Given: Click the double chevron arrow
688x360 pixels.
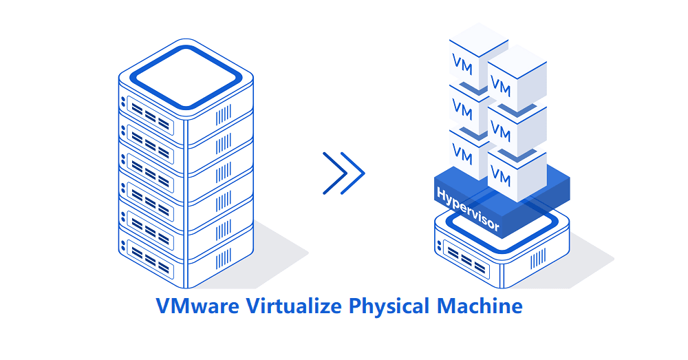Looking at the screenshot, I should pyautogui.click(x=343, y=172).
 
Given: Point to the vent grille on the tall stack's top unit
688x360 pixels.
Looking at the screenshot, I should pyautogui.click(x=224, y=115).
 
